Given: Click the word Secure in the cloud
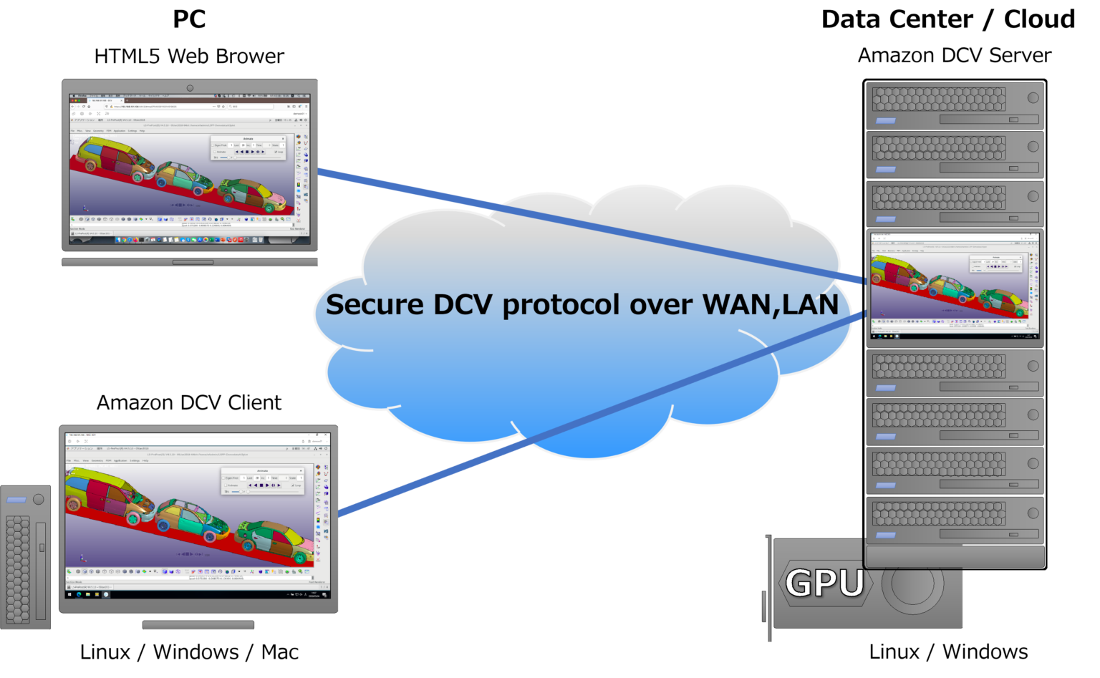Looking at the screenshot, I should point(375,305).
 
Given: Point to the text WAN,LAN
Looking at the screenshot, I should point(771,305).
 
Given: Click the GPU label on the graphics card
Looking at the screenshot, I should point(824,583).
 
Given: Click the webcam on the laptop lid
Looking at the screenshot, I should point(190,88).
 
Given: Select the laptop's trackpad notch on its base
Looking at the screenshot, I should point(193,262).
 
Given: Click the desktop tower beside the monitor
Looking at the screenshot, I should point(25,558).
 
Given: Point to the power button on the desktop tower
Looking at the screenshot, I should point(39,499).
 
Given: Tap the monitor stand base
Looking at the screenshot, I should point(198,625).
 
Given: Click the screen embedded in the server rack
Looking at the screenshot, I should point(955,287).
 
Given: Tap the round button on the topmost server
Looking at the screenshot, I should point(1033,97).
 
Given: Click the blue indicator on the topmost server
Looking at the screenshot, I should point(886,121).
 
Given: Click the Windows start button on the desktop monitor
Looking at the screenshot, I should point(70,594).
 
